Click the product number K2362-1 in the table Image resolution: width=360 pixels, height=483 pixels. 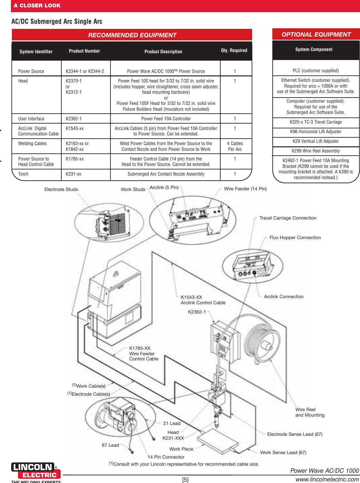(74, 119)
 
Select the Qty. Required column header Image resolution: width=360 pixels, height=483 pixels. (234, 50)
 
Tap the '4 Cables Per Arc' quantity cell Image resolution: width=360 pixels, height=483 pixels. (235, 146)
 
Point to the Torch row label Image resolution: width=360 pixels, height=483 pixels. (23, 174)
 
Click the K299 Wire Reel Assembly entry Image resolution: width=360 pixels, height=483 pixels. (316, 151)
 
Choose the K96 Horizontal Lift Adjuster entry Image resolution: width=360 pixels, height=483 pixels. (316, 132)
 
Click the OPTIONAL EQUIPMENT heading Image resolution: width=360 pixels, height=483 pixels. (316, 34)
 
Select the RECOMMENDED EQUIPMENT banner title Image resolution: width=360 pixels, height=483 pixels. (132, 35)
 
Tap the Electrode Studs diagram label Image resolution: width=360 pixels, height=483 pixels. (61, 189)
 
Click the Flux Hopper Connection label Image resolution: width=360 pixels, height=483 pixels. (295, 237)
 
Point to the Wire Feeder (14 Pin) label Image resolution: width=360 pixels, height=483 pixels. (245, 189)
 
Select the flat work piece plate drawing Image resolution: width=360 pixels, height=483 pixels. (218, 439)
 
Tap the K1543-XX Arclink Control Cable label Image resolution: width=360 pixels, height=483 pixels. (203, 300)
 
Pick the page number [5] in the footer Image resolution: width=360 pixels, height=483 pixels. (185, 479)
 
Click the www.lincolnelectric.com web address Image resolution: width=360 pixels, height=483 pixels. (327, 479)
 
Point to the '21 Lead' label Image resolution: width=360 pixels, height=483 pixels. (172, 423)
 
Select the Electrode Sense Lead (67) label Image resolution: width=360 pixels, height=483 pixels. (295, 434)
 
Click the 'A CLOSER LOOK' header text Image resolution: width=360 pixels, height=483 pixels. (37, 5)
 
